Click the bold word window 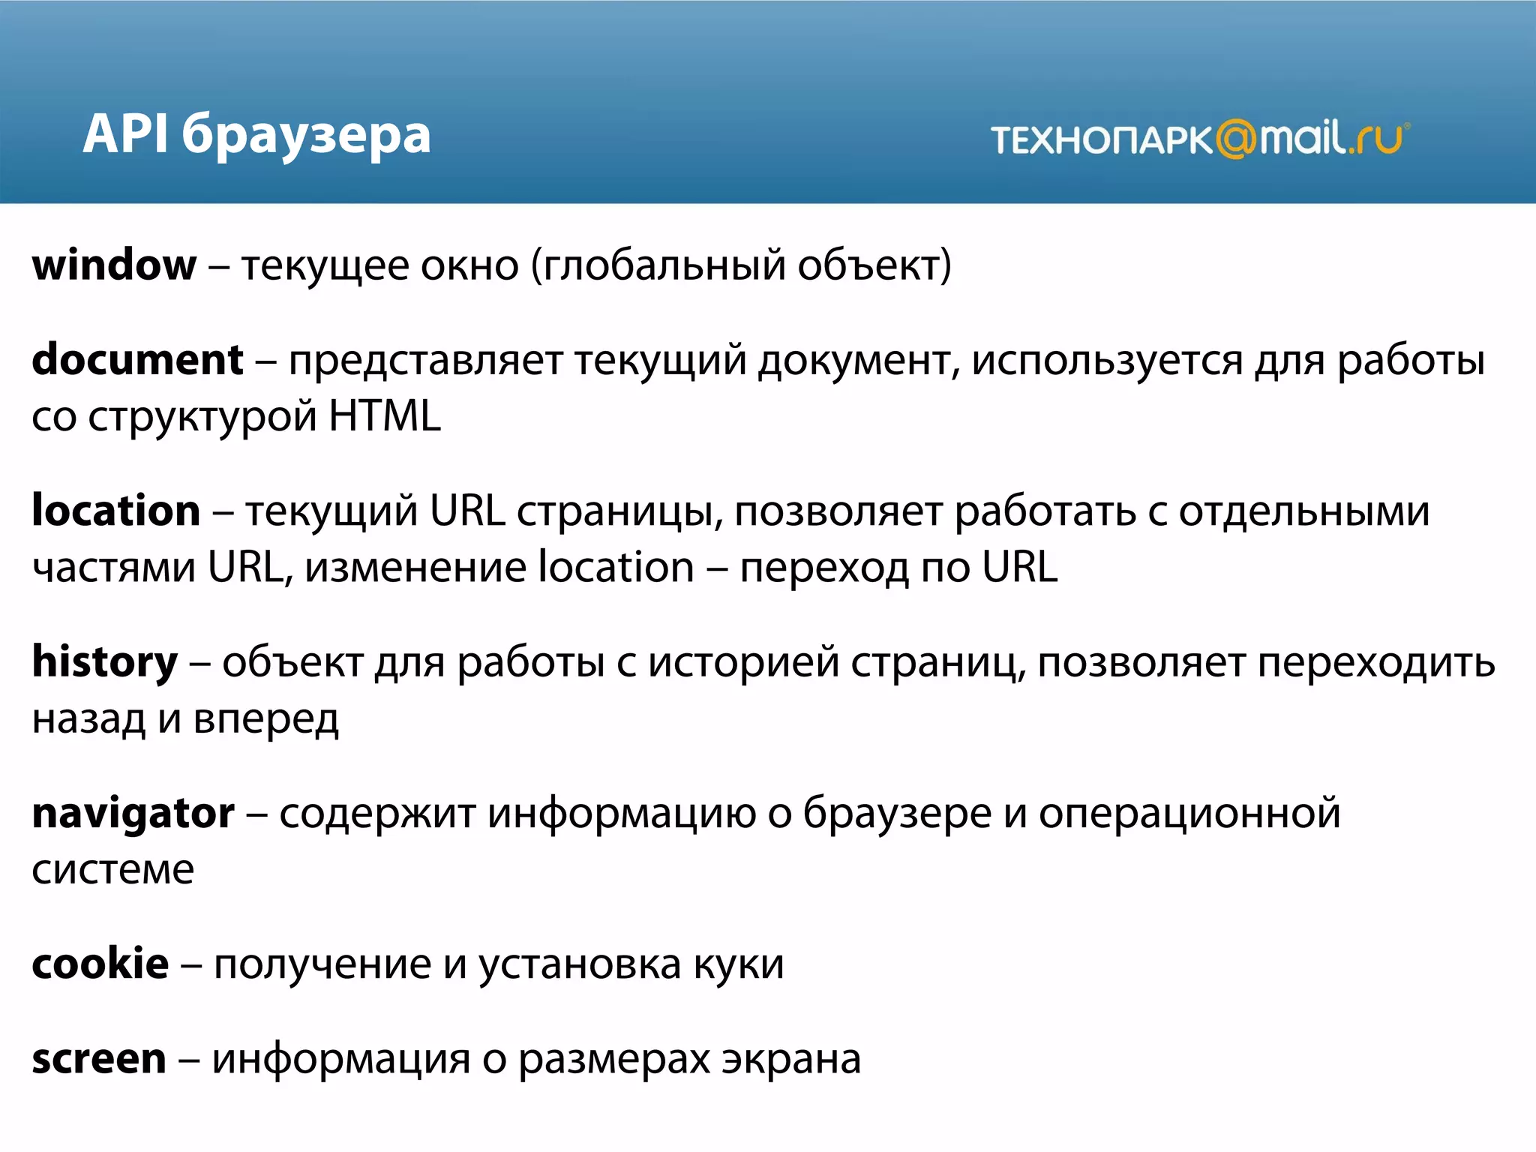pos(114,265)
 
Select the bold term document pos(138,360)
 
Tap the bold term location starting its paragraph pos(116,511)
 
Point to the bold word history pos(105,663)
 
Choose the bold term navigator pos(133,814)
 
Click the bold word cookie pos(100,964)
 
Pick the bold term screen pos(99,1059)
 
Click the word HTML pos(385,417)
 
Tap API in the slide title pos(124,135)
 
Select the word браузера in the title pos(307,136)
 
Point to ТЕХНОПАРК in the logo pos(1101,140)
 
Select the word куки pos(739,965)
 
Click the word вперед pos(266,720)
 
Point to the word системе pos(113,871)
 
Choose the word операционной pos(1189,814)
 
